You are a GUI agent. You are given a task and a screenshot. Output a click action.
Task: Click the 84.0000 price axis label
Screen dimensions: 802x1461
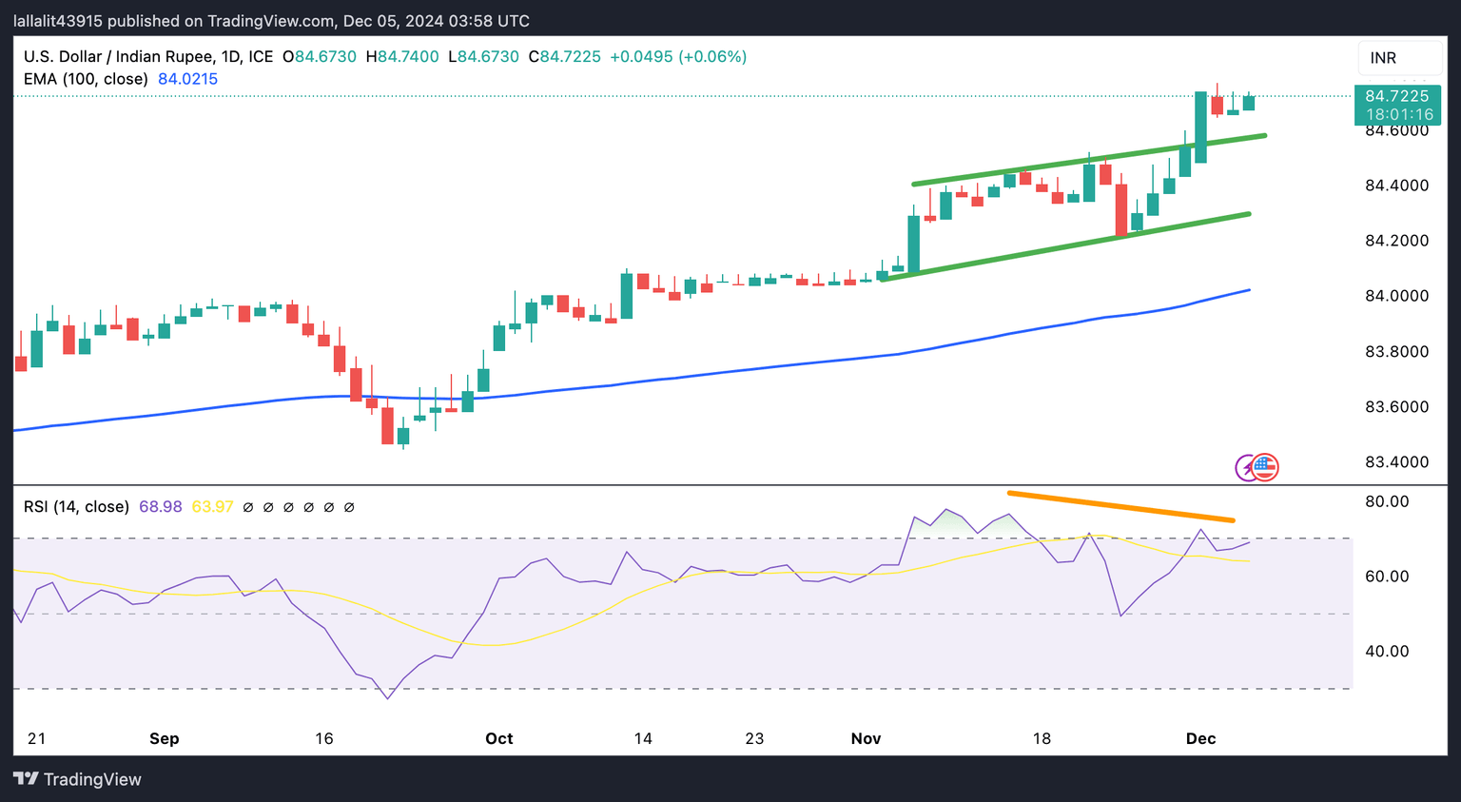pos(1396,296)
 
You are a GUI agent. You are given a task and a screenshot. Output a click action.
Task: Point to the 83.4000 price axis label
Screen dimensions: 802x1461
pos(1396,462)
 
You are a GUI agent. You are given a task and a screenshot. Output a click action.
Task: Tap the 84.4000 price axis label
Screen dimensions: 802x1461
pos(1396,186)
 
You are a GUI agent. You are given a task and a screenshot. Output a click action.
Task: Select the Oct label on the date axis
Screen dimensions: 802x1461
pos(498,738)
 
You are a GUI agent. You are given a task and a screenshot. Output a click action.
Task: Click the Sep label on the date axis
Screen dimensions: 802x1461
pos(165,738)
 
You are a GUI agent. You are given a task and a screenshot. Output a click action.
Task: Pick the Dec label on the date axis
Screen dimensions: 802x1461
pos(1200,738)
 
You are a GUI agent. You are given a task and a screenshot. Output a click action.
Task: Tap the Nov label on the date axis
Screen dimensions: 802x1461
pos(866,738)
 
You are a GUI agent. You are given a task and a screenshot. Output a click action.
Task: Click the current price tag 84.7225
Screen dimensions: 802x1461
pos(1396,96)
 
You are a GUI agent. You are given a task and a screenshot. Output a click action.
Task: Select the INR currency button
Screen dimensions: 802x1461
pos(1384,58)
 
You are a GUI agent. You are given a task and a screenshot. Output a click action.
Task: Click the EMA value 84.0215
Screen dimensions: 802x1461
pos(187,79)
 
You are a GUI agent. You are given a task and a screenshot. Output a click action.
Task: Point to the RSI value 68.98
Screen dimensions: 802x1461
pos(160,507)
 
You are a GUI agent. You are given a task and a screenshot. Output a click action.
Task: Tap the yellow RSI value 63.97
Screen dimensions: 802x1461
pos(212,507)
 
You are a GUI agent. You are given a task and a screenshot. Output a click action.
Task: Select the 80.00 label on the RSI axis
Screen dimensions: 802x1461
pos(1387,501)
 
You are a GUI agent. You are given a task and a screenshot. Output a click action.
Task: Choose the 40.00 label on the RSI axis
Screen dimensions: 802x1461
pos(1387,652)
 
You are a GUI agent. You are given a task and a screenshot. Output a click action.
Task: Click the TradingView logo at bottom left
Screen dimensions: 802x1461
pos(78,779)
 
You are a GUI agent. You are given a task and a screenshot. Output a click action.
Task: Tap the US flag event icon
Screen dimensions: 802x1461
pos(1264,466)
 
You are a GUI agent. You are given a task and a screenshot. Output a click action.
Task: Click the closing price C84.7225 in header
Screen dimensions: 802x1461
pos(565,57)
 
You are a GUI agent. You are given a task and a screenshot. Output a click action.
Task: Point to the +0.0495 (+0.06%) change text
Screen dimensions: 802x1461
pos(678,57)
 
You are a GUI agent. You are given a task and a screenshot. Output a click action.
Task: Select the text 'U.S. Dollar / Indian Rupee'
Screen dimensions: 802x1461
pos(119,57)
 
